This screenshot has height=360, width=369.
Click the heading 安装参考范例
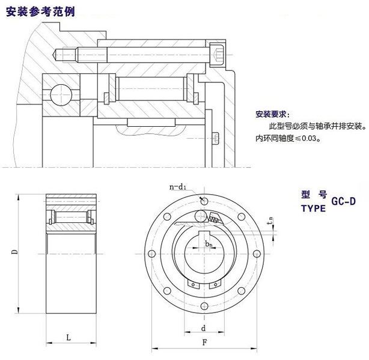(39, 12)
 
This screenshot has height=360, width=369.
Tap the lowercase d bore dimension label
(204, 328)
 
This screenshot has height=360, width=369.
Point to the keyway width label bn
(208, 244)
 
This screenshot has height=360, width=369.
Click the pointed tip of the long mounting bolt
(57, 55)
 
